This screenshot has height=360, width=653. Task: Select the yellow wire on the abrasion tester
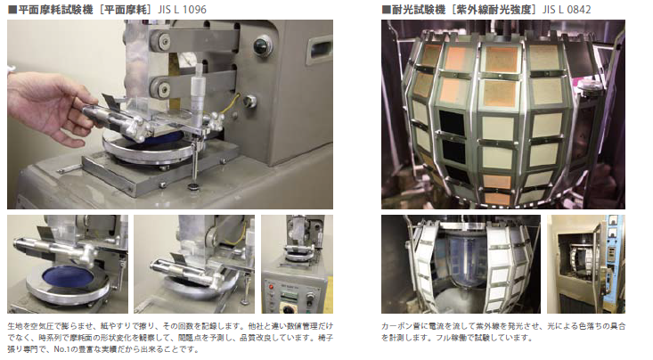tap(233, 109)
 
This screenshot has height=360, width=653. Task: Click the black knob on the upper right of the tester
tap(262, 45)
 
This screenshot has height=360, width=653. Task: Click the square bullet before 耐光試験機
tap(386, 10)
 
